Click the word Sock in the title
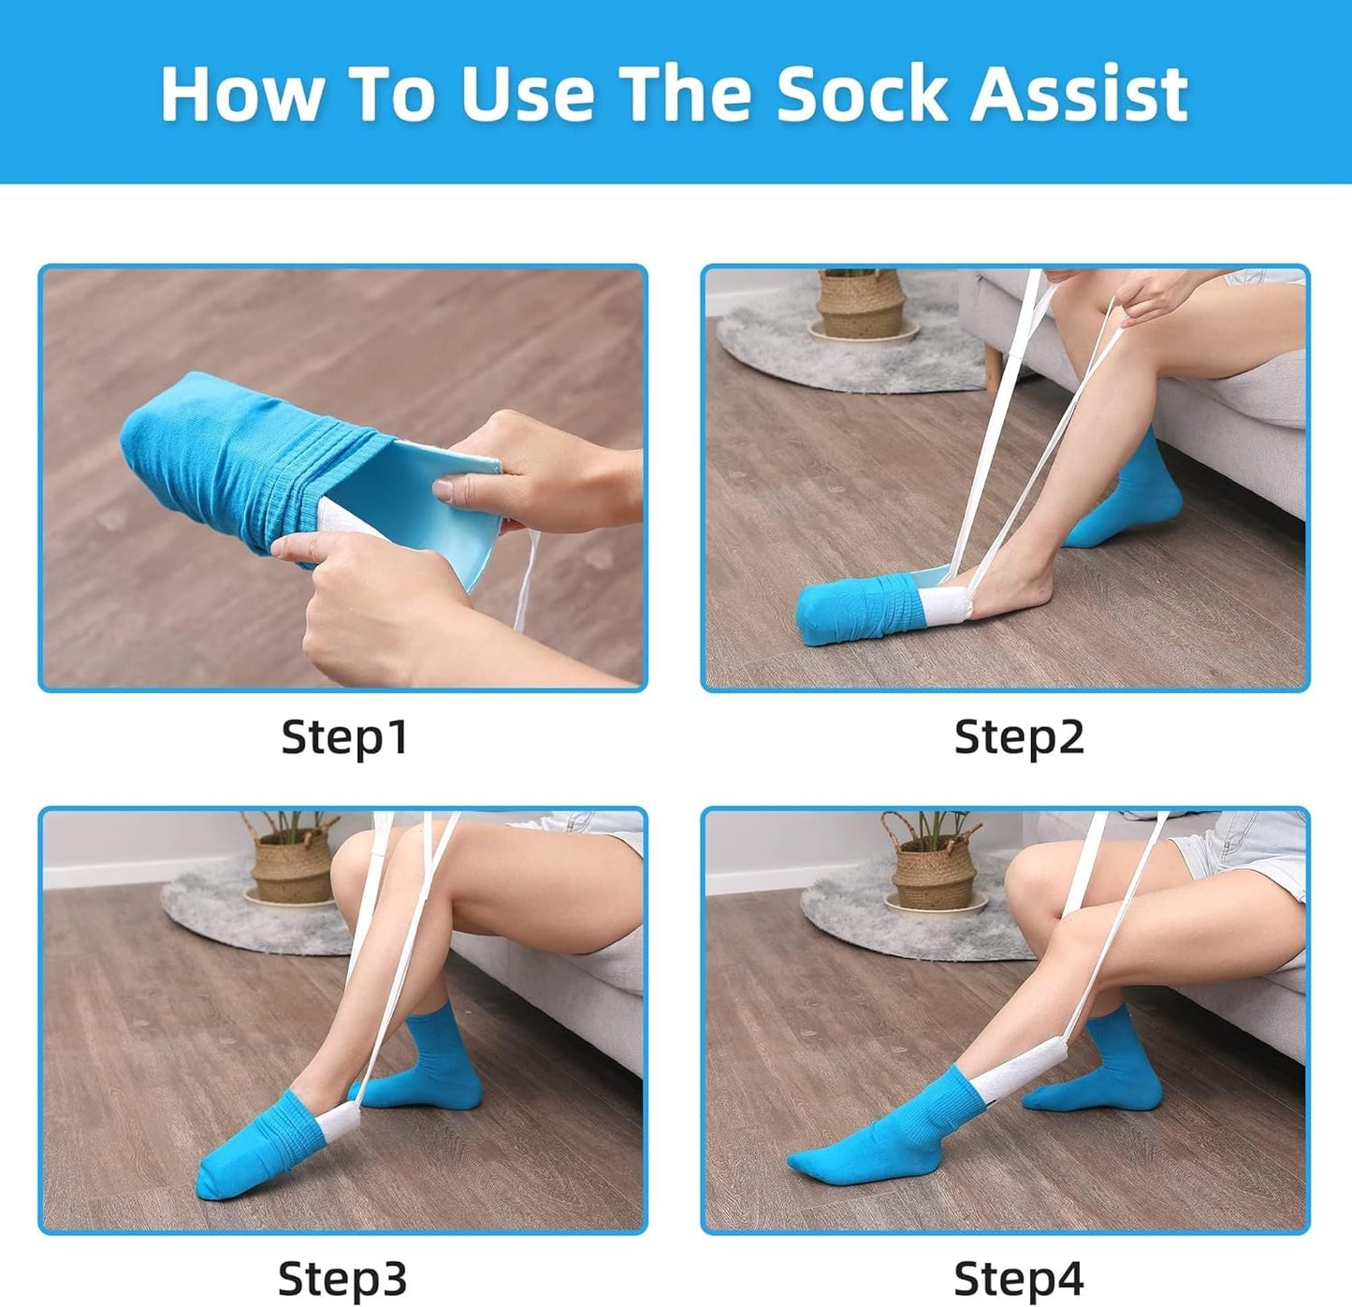[x=862, y=94]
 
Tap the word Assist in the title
[x=1078, y=94]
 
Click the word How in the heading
[x=243, y=94]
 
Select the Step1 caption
[x=344, y=737]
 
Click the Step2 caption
[x=1018, y=737]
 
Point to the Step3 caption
[x=342, y=1278]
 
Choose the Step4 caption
[x=1018, y=1278]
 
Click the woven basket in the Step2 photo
[x=859, y=304]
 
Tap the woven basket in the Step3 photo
[x=291, y=861]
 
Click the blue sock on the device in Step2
[x=847, y=610]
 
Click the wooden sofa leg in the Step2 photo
[x=992, y=367]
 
